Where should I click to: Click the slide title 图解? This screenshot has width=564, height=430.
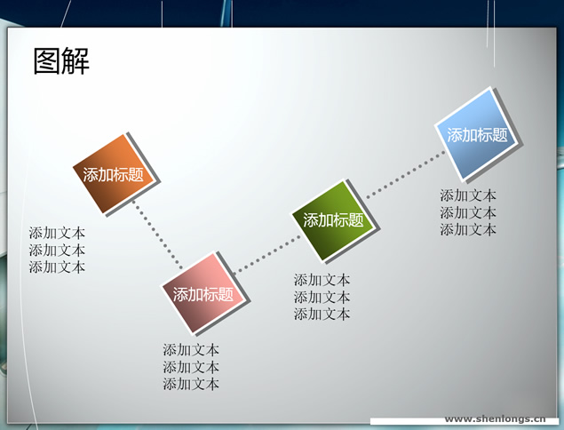tap(61, 61)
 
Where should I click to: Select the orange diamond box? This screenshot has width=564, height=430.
tap(115, 174)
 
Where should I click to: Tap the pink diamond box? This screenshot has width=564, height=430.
tap(204, 293)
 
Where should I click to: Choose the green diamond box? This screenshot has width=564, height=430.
tap(334, 220)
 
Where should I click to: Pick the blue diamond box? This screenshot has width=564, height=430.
tap(478, 134)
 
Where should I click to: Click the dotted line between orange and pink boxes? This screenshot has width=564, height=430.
tap(157, 235)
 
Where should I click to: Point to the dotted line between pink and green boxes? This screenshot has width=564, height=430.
tap(266, 254)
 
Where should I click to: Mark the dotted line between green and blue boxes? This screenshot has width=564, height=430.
tap(405, 174)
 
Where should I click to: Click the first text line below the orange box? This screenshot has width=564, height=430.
tap(57, 233)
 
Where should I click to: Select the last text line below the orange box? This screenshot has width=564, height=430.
tap(57, 267)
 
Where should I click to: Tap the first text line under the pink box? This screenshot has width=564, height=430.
tap(191, 350)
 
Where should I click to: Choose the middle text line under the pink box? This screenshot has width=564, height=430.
tap(191, 368)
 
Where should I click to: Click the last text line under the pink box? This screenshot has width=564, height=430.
tap(191, 385)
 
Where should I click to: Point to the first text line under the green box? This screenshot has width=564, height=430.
tap(322, 280)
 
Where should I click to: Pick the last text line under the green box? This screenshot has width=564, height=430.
tap(322, 315)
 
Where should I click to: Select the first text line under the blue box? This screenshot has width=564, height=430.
tap(468, 195)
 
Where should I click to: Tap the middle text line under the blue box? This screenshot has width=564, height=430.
tap(468, 212)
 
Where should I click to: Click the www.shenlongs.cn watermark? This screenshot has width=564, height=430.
tap(495, 418)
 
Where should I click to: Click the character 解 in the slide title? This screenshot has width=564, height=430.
tap(75, 61)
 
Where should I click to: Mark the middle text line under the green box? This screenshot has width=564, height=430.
tap(322, 298)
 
